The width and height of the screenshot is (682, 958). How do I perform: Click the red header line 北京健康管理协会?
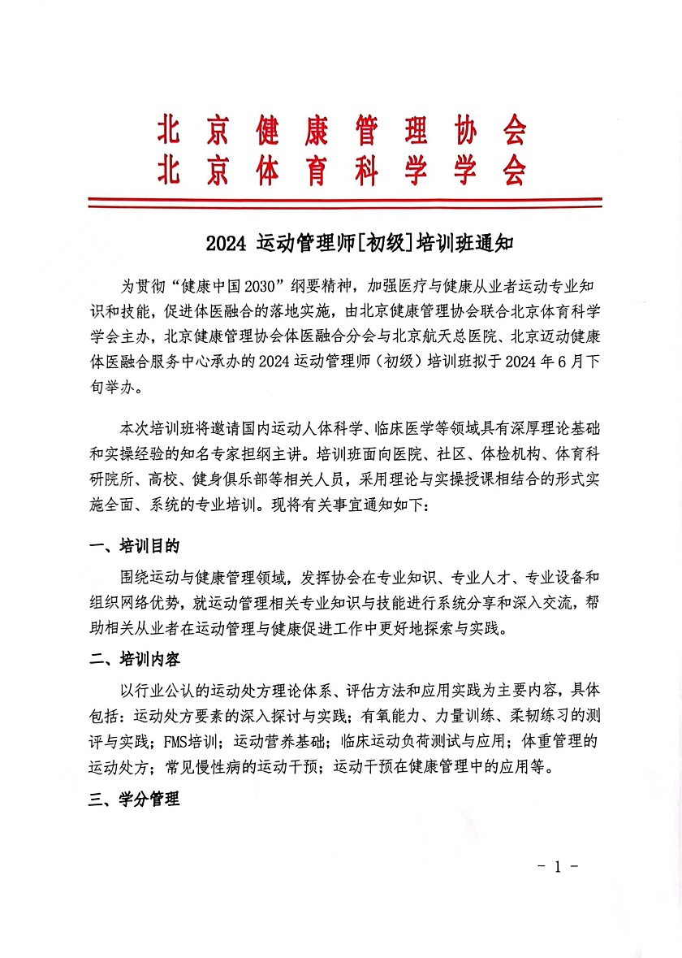341,131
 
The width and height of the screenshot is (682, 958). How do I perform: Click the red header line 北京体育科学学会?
341,171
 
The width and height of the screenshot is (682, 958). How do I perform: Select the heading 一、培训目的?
134,544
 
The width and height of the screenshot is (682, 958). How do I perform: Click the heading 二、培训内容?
134,659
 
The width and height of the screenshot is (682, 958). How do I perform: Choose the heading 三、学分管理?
134,798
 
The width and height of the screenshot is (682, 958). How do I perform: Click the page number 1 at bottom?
557,865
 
